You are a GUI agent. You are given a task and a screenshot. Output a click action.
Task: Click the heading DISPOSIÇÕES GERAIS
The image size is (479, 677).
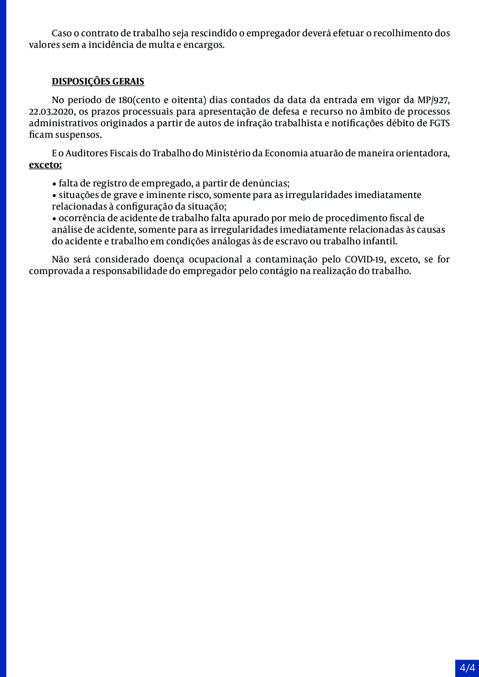(98, 81)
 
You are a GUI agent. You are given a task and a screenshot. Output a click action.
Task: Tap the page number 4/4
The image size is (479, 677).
(467, 668)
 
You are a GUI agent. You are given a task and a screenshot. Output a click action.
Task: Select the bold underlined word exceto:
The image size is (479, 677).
(45, 165)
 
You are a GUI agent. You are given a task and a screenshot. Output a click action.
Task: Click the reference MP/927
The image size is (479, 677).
(433, 100)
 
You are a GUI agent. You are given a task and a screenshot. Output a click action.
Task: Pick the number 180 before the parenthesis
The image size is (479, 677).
(125, 100)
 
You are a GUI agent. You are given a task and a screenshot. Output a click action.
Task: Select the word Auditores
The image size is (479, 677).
(87, 153)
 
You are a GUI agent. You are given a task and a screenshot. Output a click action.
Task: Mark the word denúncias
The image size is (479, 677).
(267, 183)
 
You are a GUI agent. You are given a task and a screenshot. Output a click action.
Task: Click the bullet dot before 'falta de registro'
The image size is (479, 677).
(54, 184)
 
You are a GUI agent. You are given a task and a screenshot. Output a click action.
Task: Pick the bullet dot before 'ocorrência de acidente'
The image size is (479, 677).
(54, 218)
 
